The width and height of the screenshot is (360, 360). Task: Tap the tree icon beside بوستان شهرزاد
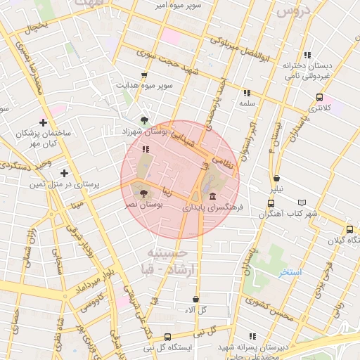(x=144, y=120)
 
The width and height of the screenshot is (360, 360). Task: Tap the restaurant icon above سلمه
(x=246, y=92)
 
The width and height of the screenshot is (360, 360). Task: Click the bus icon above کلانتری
(x=320, y=98)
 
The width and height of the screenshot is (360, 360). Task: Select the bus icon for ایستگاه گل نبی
(x=167, y=337)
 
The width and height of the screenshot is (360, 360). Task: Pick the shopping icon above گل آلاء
(x=195, y=299)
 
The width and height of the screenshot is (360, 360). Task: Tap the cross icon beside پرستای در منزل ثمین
(x=64, y=173)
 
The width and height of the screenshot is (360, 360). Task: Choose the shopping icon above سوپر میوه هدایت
(x=144, y=75)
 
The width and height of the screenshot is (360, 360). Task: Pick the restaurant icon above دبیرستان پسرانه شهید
(x=252, y=336)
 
